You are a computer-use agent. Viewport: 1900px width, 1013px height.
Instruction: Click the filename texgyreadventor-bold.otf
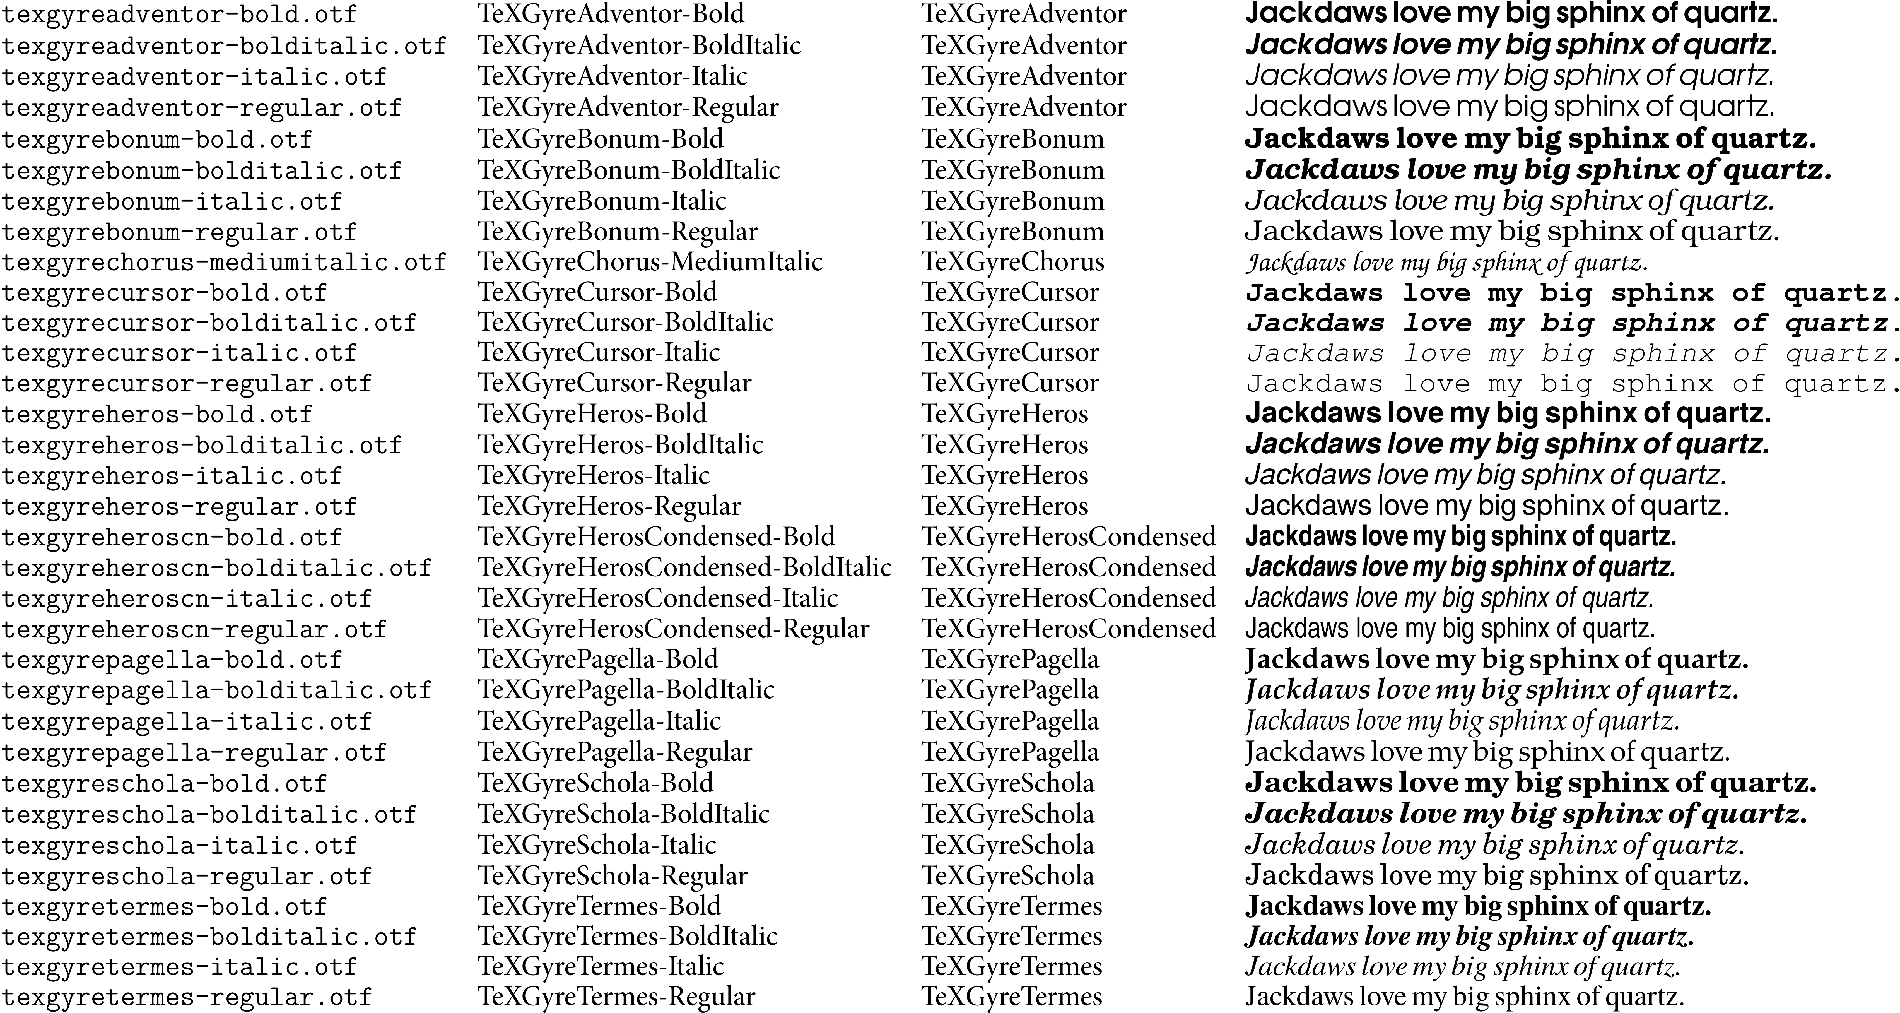(179, 15)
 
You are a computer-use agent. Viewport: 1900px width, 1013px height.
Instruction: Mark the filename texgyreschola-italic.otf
(179, 846)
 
